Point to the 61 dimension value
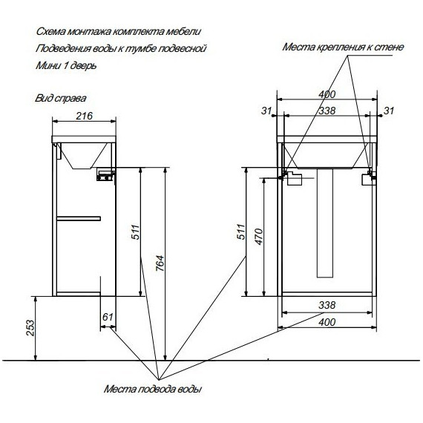[108, 318]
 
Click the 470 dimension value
[257, 236]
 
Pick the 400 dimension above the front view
[327, 94]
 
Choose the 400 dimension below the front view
[327, 321]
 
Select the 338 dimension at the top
[327, 111]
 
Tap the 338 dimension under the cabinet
[327, 305]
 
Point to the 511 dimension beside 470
[239, 231]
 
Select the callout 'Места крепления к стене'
[343, 47]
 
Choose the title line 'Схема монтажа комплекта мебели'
[118, 33]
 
